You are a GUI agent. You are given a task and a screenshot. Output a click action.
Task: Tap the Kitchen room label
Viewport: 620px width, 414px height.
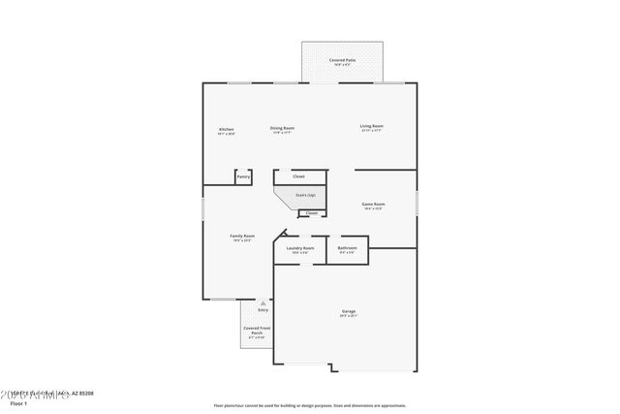[226, 129]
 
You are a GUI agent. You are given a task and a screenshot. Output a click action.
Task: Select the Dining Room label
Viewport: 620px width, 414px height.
[282, 128]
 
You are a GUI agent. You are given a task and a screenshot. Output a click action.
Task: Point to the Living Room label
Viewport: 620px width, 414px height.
[372, 126]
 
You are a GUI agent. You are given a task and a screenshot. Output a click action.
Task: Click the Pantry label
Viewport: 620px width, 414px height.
[243, 176]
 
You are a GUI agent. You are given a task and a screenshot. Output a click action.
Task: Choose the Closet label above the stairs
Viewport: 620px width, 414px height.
[299, 176]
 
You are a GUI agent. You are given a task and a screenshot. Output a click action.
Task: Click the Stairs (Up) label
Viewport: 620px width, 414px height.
[304, 196]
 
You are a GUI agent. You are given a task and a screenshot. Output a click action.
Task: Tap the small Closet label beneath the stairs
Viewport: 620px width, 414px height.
[311, 213]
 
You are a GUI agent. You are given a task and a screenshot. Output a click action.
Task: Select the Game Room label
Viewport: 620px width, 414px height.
[374, 205]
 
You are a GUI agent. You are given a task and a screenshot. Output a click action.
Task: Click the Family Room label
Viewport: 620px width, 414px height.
[242, 237]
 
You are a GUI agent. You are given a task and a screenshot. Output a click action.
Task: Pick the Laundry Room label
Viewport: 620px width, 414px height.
[300, 249]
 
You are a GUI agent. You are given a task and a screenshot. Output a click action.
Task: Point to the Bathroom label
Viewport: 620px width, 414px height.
[347, 249]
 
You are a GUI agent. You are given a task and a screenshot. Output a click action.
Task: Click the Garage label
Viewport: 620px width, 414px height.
[348, 312]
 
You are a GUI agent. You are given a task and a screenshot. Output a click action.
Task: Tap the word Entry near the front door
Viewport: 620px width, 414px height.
[263, 310]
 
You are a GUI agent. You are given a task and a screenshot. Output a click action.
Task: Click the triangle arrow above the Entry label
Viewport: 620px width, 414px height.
[263, 303]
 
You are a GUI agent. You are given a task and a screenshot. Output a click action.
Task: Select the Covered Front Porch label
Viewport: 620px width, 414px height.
[257, 334]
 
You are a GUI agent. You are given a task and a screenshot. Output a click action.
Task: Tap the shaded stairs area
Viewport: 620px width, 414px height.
[302, 201]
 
